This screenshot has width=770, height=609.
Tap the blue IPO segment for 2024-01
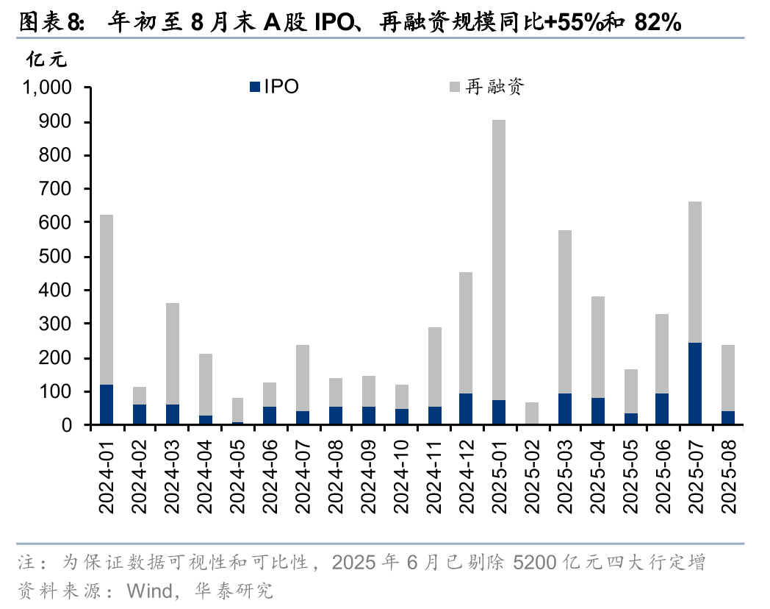click(107, 405)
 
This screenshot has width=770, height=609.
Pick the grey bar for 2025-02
click(532, 413)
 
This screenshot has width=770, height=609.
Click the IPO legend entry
click(275, 87)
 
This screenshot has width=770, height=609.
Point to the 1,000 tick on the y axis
click(48, 88)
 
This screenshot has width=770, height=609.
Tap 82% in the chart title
click(657, 23)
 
